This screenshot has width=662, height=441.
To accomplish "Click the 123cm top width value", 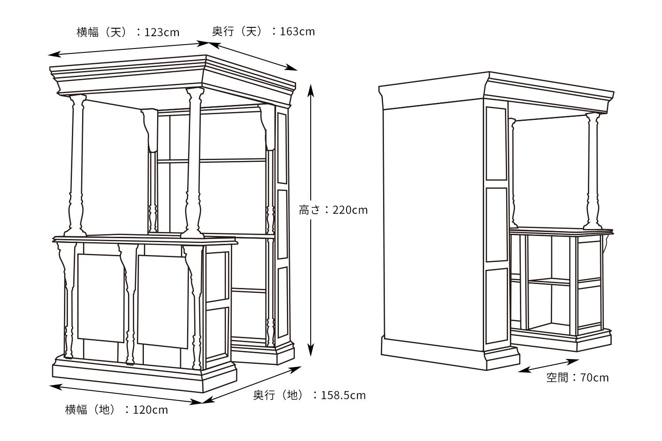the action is tap(162, 32).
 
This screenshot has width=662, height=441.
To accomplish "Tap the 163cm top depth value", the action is tap(297, 31).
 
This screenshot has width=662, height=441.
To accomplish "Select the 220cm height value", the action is tap(350, 210).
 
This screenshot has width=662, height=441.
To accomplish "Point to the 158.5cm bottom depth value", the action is tap(343, 395).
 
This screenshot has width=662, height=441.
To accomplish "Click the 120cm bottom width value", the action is tap(150, 410).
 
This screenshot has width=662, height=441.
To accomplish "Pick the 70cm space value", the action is tap(594, 377).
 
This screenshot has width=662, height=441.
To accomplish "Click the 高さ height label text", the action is tap(309, 210).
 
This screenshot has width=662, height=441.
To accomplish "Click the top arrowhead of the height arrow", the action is tap(310, 90).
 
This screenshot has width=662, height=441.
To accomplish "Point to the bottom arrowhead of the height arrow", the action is tap(310, 350).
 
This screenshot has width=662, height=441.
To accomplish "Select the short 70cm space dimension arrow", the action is tap(548, 366).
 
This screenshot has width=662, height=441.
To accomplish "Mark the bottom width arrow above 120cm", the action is tap(126, 394).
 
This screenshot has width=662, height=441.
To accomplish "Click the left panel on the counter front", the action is tap(101, 298).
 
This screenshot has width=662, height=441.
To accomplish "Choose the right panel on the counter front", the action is tap(163, 302).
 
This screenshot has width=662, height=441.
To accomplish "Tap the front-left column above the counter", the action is tap(76, 165).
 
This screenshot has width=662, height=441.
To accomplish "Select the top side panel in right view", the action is tap(496, 144).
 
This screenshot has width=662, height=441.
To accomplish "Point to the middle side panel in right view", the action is tap(497, 224).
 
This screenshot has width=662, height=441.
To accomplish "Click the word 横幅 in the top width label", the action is tap(87, 32).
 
